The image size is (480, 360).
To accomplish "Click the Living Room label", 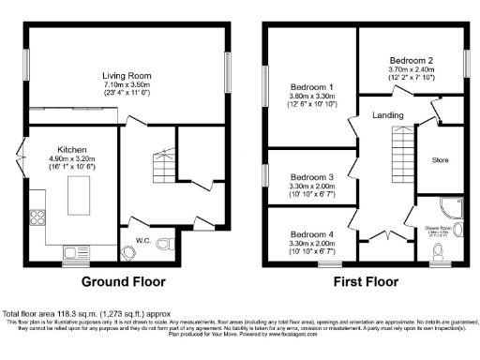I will click(127, 76).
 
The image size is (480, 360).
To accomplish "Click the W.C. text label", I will click(143, 240).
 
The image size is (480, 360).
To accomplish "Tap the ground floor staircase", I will click(150, 159).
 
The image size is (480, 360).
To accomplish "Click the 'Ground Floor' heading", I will click(125, 281).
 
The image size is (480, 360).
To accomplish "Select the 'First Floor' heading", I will click(358, 281).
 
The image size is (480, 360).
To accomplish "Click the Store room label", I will click(440, 160).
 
